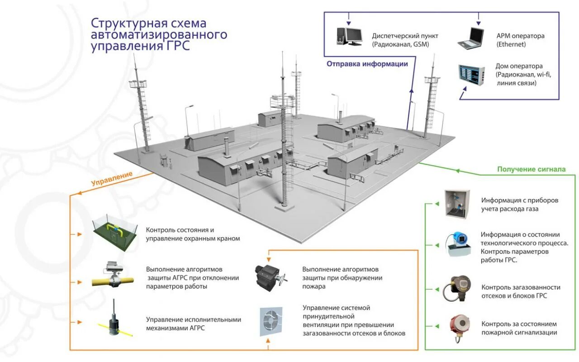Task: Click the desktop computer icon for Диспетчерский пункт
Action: (x=349, y=36)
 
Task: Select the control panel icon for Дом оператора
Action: (x=471, y=74)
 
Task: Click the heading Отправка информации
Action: (x=367, y=64)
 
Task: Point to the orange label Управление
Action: (x=112, y=178)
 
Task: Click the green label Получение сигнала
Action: (x=531, y=169)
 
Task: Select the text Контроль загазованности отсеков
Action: (x=521, y=287)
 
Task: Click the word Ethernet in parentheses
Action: (x=511, y=44)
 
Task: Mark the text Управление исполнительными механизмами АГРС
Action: (x=193, y=324)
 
